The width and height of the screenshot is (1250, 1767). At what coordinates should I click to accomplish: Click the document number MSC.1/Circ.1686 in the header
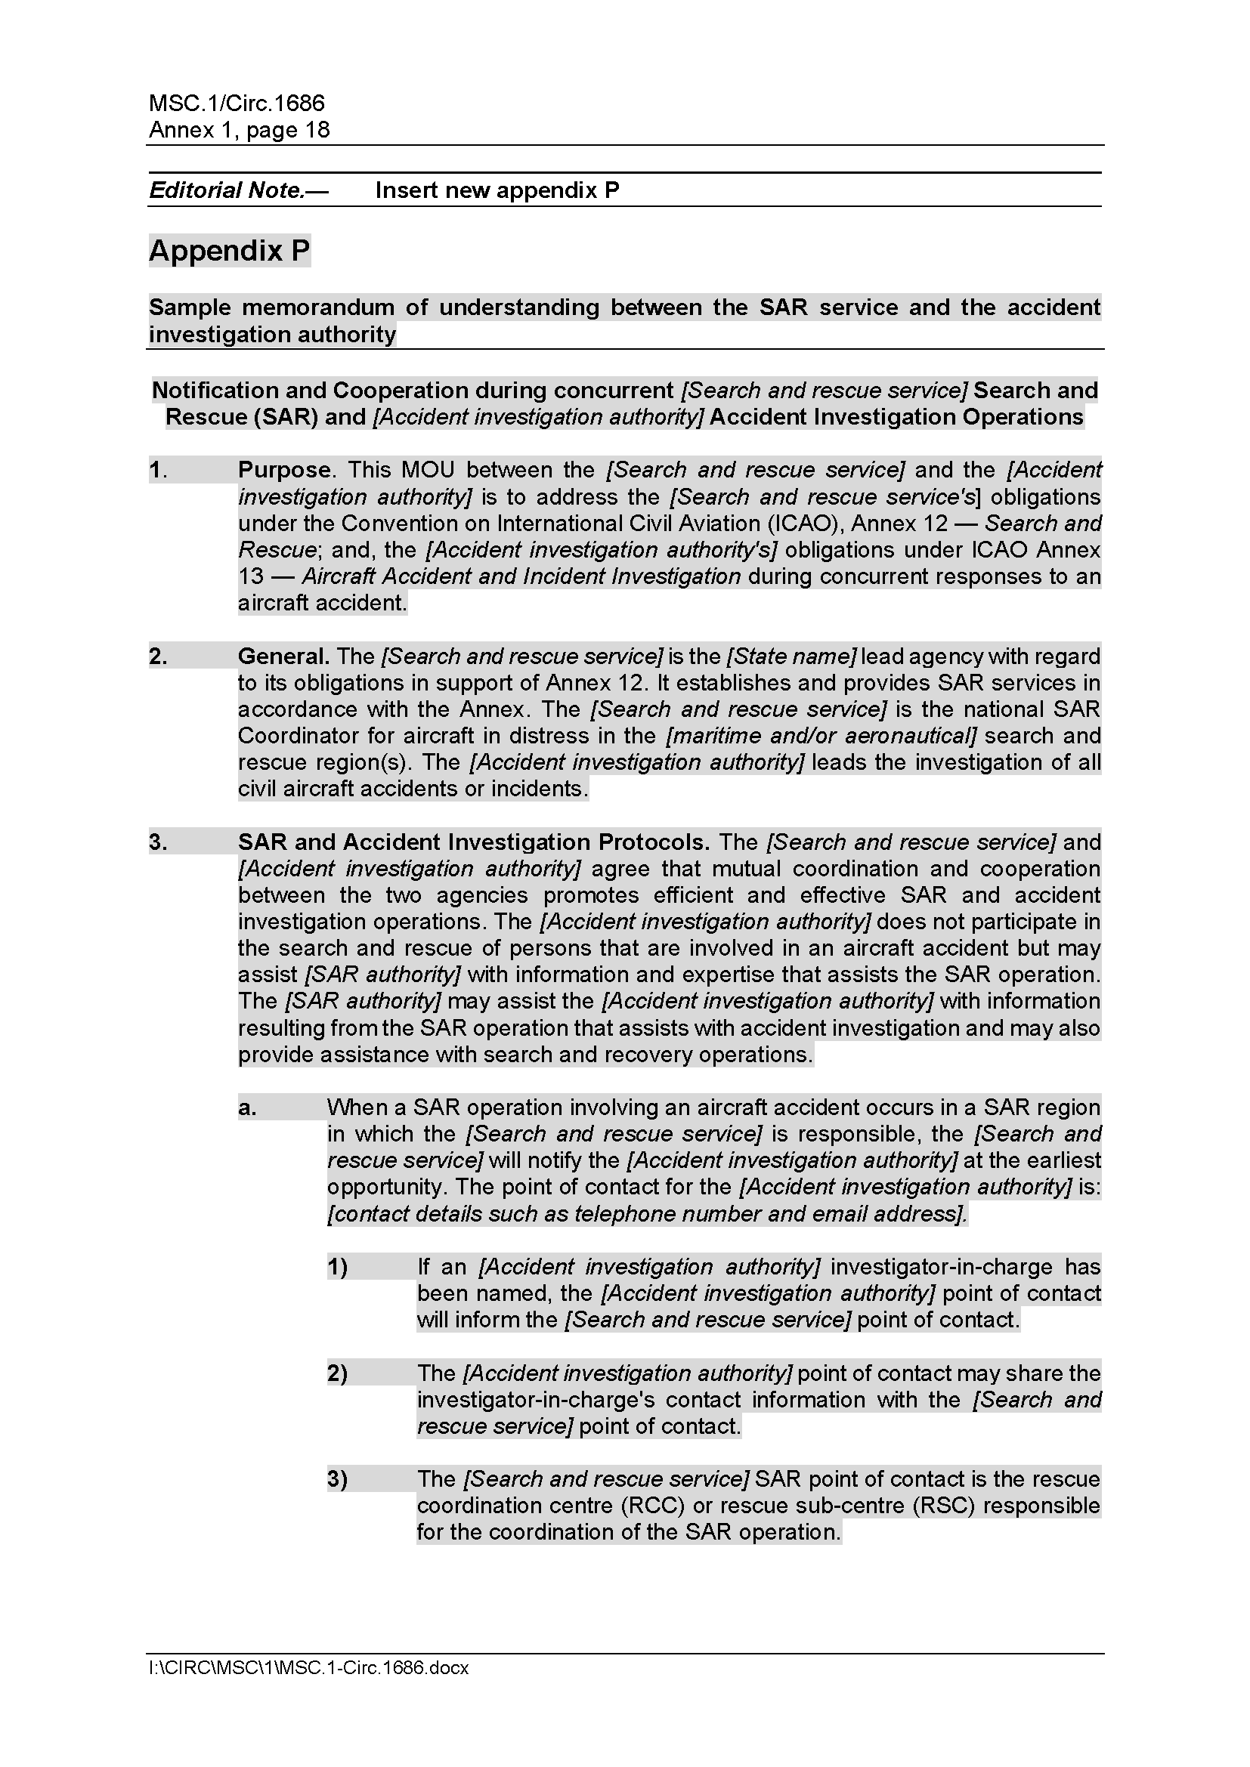tap(237, 103)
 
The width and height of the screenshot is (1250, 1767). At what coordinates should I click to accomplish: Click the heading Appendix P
tap(230, 251)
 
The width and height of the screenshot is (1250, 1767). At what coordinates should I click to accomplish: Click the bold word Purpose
tap(284, 469)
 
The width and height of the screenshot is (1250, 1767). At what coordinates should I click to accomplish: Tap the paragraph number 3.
tap(158, 842)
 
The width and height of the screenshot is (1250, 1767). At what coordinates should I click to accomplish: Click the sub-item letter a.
tap(246, 1107)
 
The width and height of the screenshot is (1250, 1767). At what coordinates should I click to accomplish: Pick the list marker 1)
tap(337, 1267)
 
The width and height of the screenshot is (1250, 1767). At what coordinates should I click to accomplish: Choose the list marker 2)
tap(337, 1373)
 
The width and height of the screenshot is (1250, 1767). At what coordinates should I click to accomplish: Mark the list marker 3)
tap(337, 1478)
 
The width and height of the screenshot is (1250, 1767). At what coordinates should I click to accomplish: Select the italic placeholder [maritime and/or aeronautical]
tap(821, 736)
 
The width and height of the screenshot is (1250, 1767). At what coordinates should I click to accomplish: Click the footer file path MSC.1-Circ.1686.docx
tap(308, 1668)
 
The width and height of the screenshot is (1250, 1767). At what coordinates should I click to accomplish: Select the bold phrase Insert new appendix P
tap(497, 190)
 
